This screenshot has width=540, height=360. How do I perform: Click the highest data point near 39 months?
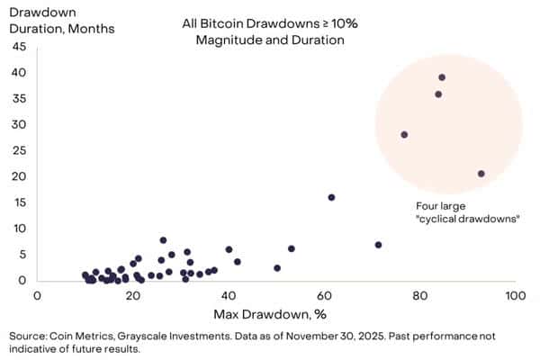442,77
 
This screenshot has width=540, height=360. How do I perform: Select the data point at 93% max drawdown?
481,174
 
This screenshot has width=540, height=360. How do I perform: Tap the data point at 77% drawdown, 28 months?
404,135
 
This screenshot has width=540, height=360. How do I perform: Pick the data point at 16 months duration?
331,197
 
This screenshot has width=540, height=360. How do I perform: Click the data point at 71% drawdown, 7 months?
378,245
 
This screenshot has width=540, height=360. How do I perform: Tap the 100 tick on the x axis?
515,294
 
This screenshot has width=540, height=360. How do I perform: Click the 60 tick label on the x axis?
324,294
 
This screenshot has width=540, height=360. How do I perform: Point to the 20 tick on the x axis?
133,294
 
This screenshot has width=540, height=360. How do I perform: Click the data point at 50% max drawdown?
277,268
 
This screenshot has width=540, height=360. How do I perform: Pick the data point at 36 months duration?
438,94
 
